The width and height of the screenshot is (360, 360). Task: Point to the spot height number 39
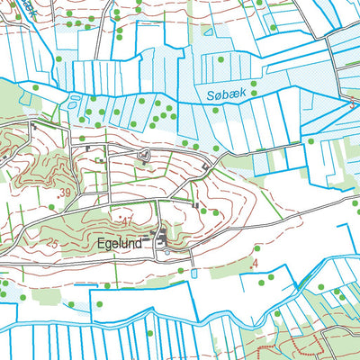pyautogui.click(x=62, y=193)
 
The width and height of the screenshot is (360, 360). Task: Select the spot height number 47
pyautogui.click(x=126, y=220)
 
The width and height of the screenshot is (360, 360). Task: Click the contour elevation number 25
pyautogui.click(x=51, y=244)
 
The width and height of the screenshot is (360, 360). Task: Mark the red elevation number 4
pyautogui.click(x=256, y=263)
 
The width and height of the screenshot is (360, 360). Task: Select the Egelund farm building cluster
pyautogui.click(x=163, y=238)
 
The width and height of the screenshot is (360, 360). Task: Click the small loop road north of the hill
pyautogui.click(x=143, y=157)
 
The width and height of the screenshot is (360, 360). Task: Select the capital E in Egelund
pyautogui.click(x=99, y=243)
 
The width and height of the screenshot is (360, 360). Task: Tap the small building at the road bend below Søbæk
pyautogui.click(x=208, y=167)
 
